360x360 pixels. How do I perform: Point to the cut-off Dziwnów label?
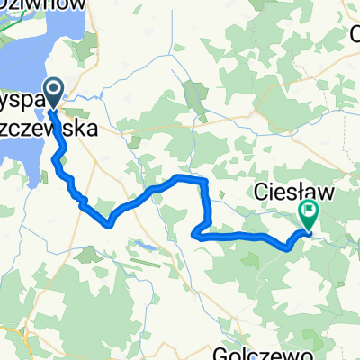[x=40, y=5]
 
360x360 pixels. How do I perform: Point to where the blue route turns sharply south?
[x=207, y=182]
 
